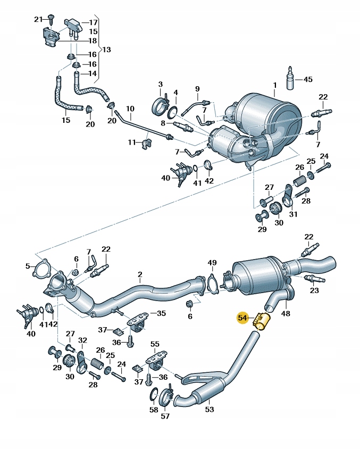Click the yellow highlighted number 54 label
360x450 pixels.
click(242, 318)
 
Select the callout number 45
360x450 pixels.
click(308, 80)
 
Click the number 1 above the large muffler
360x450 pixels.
click(275, 85)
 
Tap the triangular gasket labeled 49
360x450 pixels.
click(212, 283)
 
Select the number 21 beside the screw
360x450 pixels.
click(38, 20)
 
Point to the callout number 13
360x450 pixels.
click(107, 49)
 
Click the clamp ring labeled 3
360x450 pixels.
click(160, 104)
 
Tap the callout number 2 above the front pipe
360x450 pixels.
click(140, 275)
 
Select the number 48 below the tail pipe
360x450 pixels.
click(286, 313)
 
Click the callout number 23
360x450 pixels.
click(314, 290)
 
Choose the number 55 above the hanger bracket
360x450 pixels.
click(155, 345)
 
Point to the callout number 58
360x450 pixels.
click(154, 410)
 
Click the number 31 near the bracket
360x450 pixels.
click(292, 214)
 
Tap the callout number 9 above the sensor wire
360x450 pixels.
click(197, 88)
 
